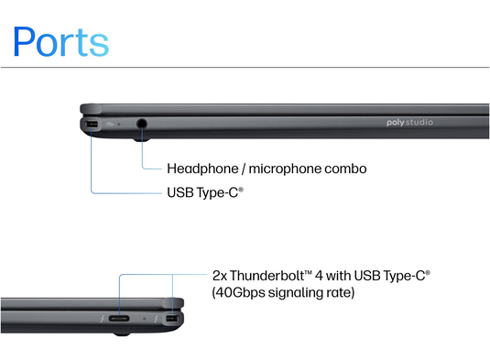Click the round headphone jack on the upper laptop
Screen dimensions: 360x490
point(142,123)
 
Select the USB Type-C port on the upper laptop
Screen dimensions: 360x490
point(91,124)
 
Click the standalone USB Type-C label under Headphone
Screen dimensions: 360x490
point(204,193)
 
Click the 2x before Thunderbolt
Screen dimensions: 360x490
point(220,274)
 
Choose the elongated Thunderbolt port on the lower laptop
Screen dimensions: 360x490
point(120,320)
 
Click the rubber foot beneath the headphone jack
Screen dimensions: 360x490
point(140,139)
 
